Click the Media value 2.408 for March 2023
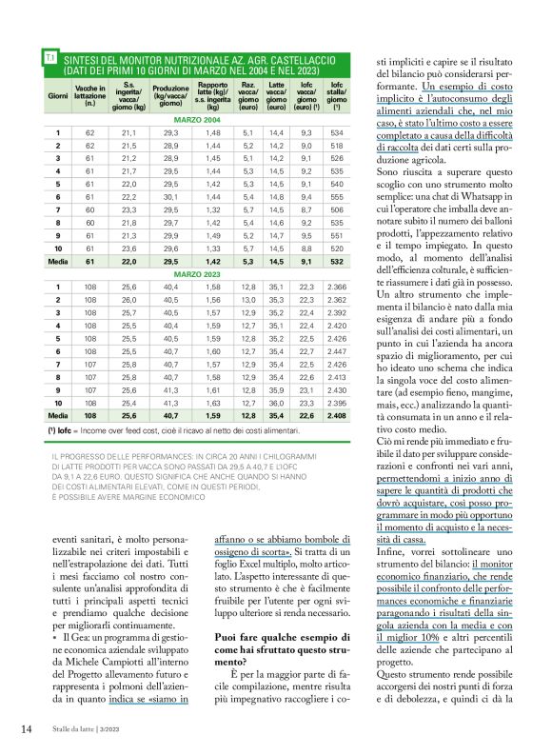[x=336, y=415]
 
